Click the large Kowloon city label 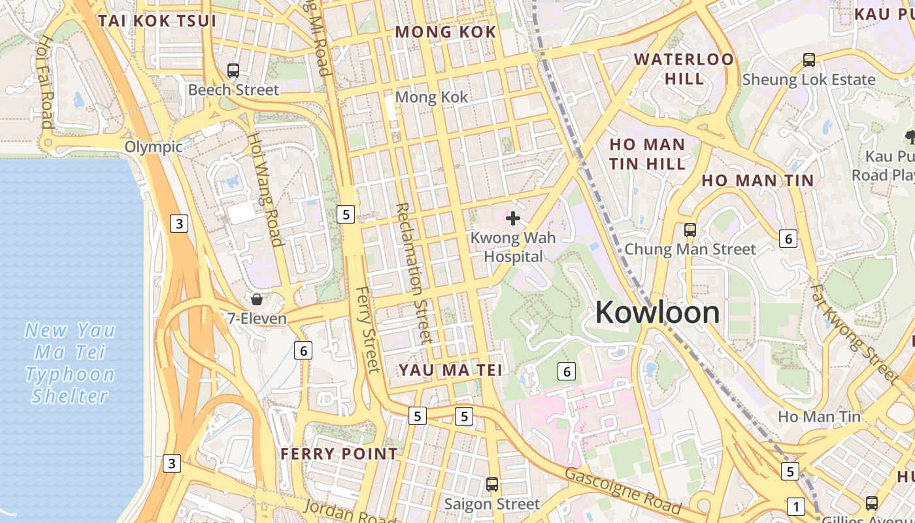(x=657, y=312)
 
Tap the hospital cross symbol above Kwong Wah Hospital (x=513, y=218)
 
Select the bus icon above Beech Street (x=233, y=71)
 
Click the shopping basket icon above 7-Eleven (x=257, y=299)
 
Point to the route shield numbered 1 (x=795, y=506)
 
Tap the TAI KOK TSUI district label (x=157, y=21)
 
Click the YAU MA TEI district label (x=451, y=370)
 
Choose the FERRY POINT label (x=339, y=454)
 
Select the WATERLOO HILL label (x=684, y=69)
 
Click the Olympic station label (x=154, y=146)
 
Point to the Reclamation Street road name (x=414, y=273)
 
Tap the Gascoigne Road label (x=622, y=490)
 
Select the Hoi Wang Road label (x=265, y=190)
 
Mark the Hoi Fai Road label (x=46, y=81)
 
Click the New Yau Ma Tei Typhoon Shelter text (x=71, y=363)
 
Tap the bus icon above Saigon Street (x=492, y=485)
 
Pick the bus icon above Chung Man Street (x=690, y=230)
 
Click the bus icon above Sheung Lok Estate (x=808, y=60)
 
